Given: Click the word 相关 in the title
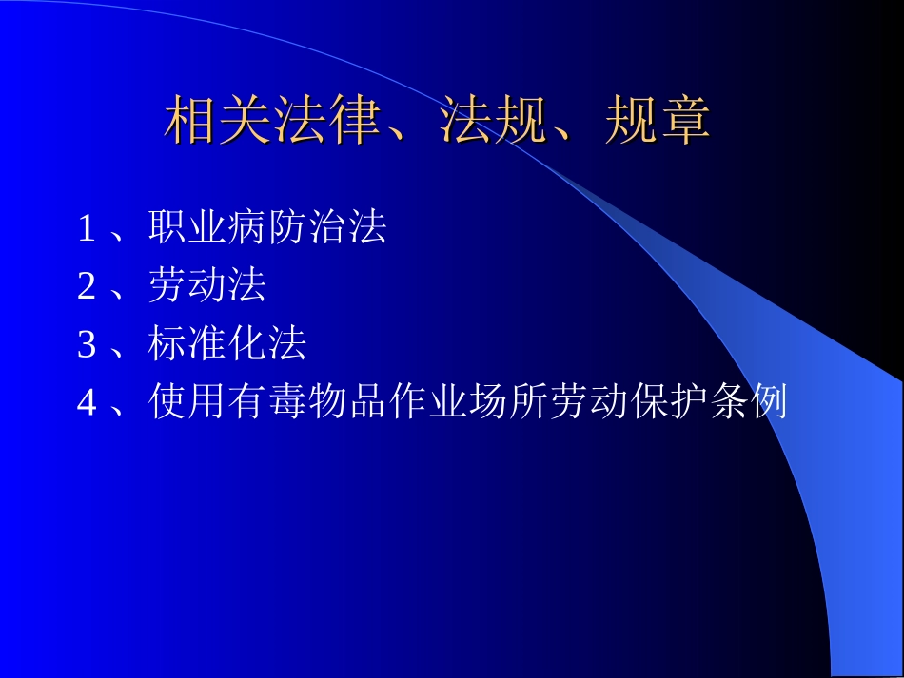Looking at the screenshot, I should [219, 123].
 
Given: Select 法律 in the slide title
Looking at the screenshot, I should [328, 123].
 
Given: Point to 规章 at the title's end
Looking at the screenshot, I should [658, 123].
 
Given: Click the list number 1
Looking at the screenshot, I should [87, 229].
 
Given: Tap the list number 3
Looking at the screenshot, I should [87, 345].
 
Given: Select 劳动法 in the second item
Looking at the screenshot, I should [207, 286].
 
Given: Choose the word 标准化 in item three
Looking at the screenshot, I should [207, 344].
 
